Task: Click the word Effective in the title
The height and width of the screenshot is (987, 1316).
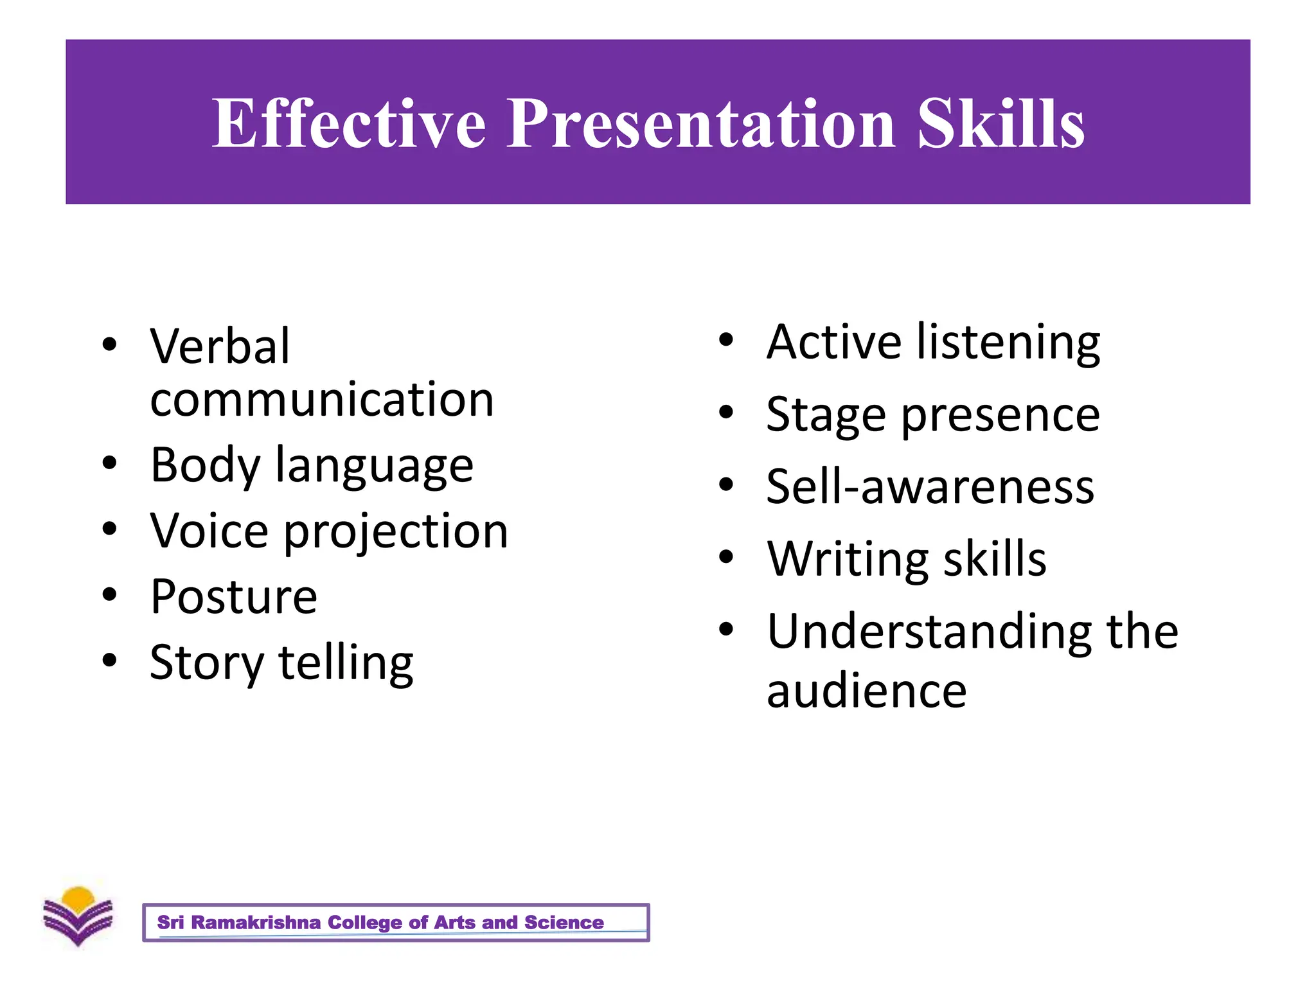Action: click(349, 124)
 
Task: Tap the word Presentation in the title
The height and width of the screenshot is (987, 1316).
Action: click(701, 124)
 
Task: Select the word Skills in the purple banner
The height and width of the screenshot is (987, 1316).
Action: click(1000, 124)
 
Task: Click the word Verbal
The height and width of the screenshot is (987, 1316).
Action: click(220, 347)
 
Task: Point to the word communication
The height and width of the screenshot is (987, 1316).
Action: click(322, 400)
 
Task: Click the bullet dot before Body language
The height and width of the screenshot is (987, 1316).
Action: click(110, 463)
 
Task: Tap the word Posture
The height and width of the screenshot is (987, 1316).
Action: click(233, 597)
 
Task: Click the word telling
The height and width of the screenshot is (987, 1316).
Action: click(346, 663)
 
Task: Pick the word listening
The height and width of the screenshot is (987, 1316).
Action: click(1008, 342)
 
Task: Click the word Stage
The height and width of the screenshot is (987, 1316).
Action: click(826, 415)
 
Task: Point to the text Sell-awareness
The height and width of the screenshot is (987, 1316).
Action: click(930, 487)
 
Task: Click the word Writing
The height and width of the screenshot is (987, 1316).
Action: click(847, 560)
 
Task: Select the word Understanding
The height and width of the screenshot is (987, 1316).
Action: click(929, 632)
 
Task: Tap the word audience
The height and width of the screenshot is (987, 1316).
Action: click(866, 691)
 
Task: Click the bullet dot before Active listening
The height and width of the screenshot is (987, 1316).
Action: click(726, 340)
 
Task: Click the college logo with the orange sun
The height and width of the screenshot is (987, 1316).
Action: click(78, 916)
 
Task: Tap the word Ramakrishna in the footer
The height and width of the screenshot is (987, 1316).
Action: click(256, 923)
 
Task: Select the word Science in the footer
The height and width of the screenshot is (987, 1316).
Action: click(564, 923)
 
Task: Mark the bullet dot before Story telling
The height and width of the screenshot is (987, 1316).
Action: click(110, 660)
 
